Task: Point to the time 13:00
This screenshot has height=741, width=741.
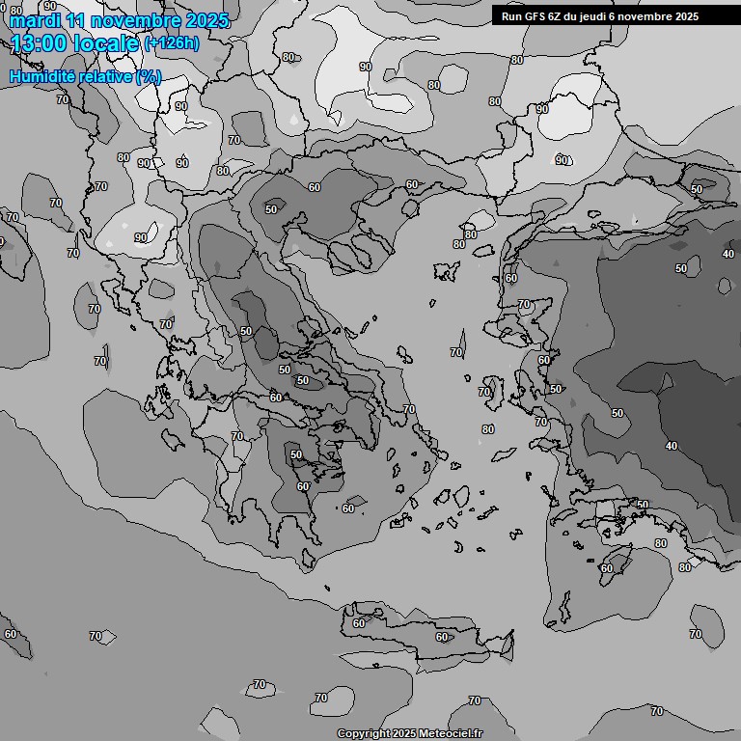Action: (42, 42)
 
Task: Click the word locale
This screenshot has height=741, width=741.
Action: (107, 42)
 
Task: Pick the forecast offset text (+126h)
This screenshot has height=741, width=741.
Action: (171, 43)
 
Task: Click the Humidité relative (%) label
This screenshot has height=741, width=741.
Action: (85, 76)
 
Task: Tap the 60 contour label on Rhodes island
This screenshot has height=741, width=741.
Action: (606, 568)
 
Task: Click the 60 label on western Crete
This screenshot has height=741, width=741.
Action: (359, 623)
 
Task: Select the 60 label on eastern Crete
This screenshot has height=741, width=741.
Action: (442, 637)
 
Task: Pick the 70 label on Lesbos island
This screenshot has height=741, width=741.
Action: (524, 304)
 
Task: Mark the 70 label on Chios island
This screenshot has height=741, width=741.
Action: (484, 392)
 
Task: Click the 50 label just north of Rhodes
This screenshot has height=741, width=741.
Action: (643, 505)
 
